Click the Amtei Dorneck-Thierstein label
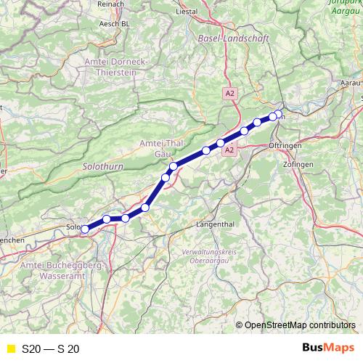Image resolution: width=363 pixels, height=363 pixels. point(116,67)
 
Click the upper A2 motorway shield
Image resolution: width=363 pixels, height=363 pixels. point(229,93)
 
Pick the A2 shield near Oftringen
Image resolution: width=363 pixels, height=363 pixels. point(229,150)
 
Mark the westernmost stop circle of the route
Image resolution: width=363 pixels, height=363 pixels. point(85,229)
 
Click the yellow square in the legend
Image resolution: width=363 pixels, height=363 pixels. point(10,349)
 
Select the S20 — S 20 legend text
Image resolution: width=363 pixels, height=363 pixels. point(50,349)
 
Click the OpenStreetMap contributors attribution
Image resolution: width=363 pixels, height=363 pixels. point(298,326)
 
